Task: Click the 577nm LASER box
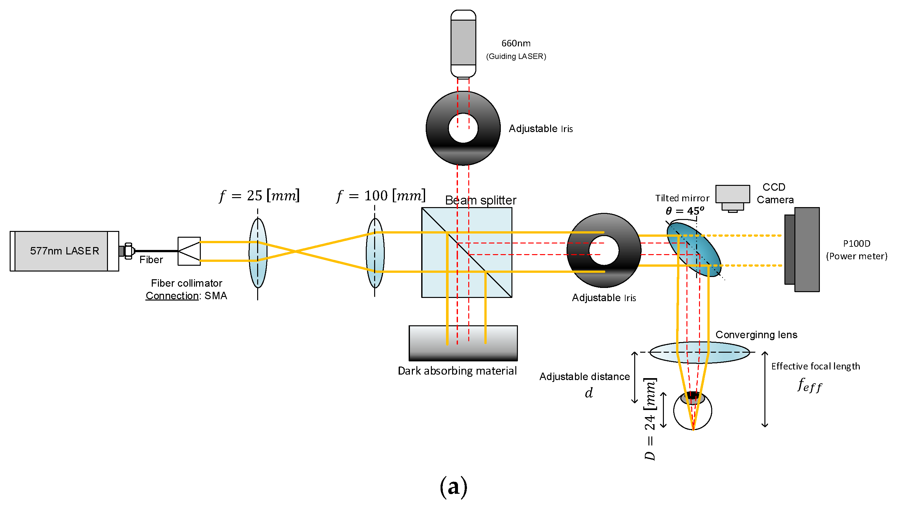point(64,251)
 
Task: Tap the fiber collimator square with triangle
point(189,251)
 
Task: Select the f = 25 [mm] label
point(259,196)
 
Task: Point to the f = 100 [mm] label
point(381,196)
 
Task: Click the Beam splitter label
point(480,200)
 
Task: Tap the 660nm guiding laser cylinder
point(463,43)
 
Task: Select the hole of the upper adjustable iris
point(463,128)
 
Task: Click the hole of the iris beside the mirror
point(604,250)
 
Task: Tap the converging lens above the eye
point(699,352)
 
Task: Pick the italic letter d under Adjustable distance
point(588,393)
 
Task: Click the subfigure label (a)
point(453,486)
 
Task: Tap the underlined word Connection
point(172,296)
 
